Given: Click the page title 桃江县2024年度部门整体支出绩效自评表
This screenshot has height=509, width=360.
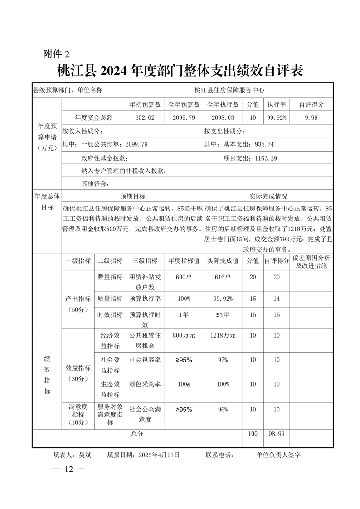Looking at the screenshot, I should click(x=180, y=72).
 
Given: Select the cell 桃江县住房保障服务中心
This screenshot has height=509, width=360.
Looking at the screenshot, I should click(x=229, y=90).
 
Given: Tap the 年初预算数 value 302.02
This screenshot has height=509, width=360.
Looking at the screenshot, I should click(x=145, y=117).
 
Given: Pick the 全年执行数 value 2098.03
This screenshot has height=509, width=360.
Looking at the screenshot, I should click(x=223, y=117).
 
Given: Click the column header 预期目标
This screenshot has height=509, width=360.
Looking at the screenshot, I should click(x=132, y=196).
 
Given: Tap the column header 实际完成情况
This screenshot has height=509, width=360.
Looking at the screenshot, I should click(x=268, y=196).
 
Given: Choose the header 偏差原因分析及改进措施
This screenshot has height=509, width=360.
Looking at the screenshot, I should click(x=311, y=261).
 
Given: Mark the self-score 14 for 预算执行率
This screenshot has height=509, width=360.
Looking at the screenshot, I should click(x=276, y=299).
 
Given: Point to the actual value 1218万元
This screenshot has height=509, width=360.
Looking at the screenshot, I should click(x=223, y=336).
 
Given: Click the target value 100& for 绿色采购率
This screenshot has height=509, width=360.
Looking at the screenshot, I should click(x=184, y=384).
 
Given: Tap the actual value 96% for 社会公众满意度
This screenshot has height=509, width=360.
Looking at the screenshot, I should click(x=223, y=409).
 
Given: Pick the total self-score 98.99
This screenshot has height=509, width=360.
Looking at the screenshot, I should click(x=276, y=434).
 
